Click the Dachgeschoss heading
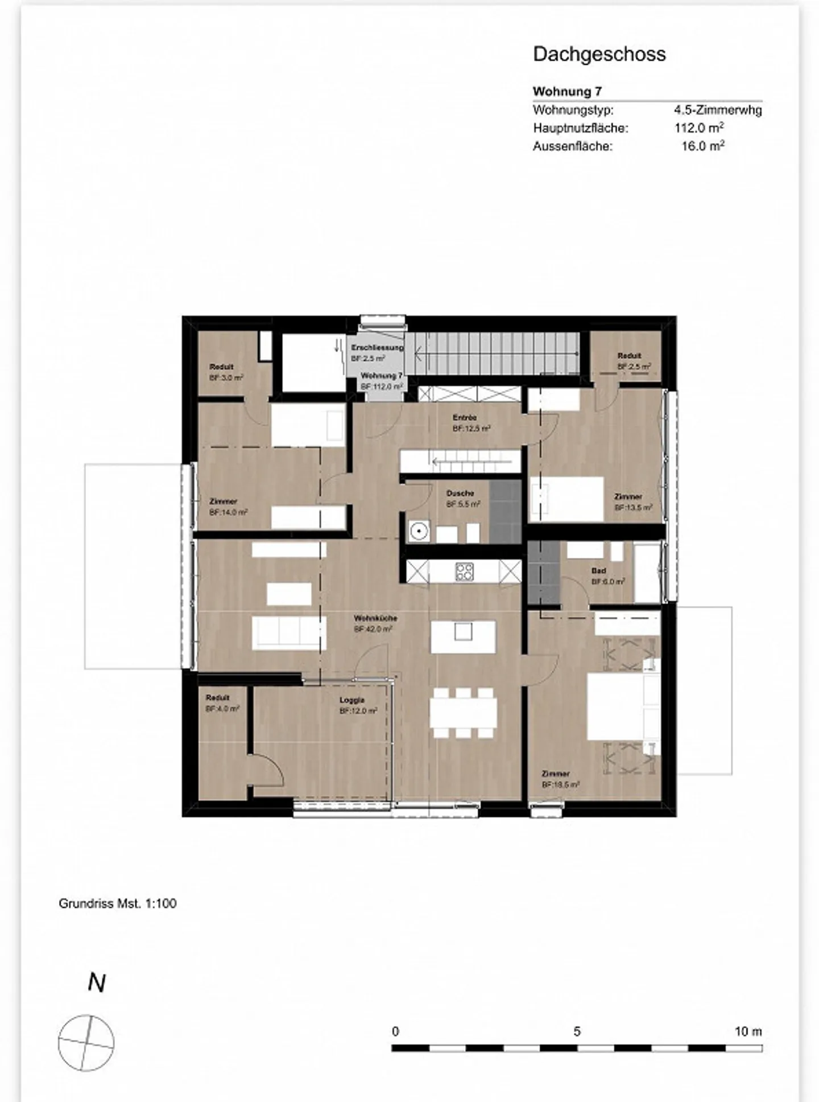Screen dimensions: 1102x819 [x=599, y=54]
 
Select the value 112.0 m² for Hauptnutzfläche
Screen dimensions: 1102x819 [x=699, y=128]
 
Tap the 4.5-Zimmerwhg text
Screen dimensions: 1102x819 [x=718, y=110]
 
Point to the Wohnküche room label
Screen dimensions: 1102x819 [x=375, y=618]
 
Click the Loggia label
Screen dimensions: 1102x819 [x=352, y=700]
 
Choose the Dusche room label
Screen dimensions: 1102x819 [x=460, y=493]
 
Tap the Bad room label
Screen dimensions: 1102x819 [x=599, y=570]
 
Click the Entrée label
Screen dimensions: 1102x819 [x=465, y=418]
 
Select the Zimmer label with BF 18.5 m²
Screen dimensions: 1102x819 [x=556, y=774]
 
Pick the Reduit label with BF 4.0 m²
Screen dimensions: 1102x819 [x=218, y=698]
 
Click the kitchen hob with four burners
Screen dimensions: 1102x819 [x=464, y=571]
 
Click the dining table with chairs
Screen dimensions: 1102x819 [x=463, y=713]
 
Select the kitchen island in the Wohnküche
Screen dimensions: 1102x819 [x=463, y=636]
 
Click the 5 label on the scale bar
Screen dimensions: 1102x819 [x=577, y=1032]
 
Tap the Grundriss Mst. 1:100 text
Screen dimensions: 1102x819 [x=118, y=903]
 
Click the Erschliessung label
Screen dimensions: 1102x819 [x=377, y=347]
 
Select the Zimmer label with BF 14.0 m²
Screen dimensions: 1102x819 [x=223, y=501]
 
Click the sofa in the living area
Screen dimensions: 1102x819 [x=289, y=634]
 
